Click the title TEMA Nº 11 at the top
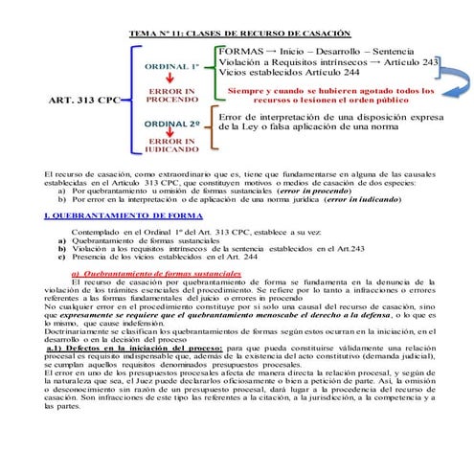pyautogui.click(x=238, y=34)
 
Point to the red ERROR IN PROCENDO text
pyautogui.click(x=172, y=95)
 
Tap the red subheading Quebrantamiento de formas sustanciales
pyautogui.click(x=157, y=272)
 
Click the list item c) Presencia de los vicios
pyautogui.click(x=158, y=257)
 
